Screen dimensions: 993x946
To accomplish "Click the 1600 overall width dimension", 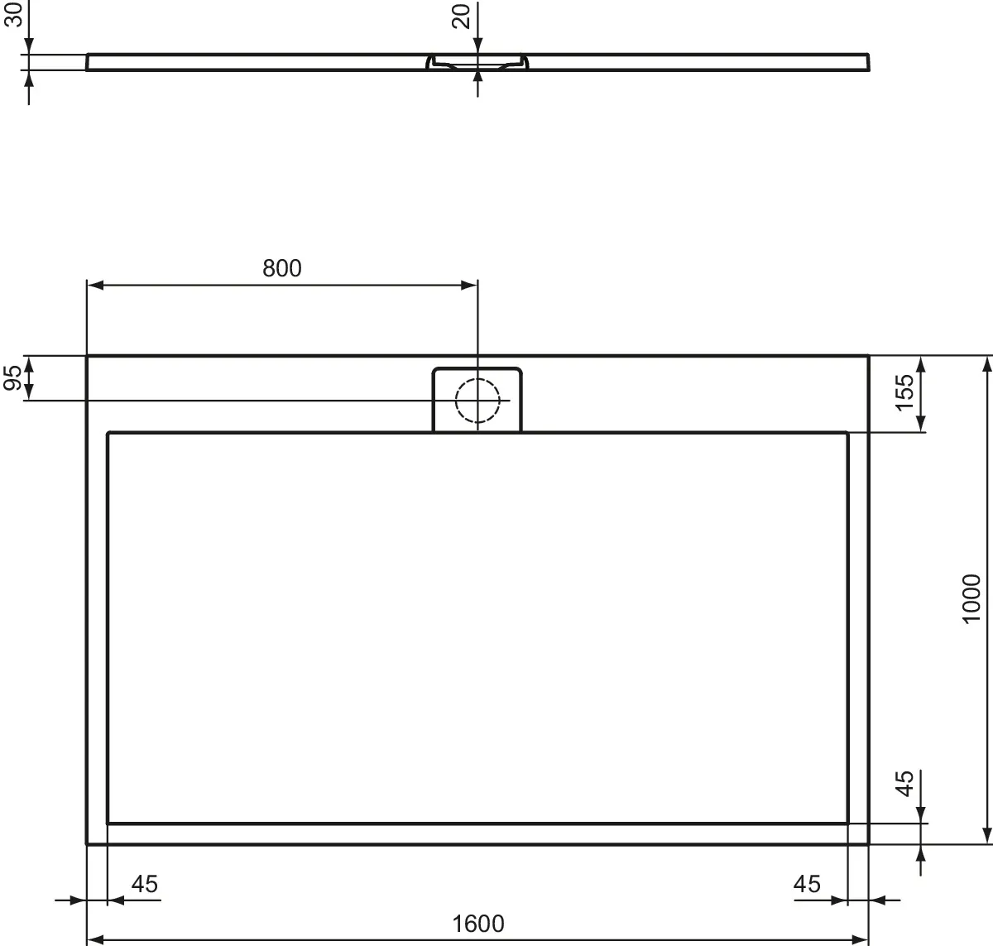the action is click(x=477, y=924).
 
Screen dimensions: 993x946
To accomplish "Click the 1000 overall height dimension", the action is click(x=971, y=599).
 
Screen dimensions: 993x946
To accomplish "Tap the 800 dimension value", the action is click(x=282, y=268).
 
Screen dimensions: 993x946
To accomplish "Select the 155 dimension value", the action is click(x=904, y=392).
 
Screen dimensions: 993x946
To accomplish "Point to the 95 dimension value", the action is click(x=12, y=377).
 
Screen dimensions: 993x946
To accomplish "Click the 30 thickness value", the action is click(x=13, y=14).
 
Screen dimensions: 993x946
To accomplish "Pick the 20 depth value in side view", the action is click(x=461, y=17).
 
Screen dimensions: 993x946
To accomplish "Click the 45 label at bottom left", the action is click(x=145, y=884).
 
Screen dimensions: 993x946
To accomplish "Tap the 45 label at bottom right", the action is click(x=807, y=884).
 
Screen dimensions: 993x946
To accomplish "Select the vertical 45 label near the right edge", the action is click(x=904, y=784).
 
